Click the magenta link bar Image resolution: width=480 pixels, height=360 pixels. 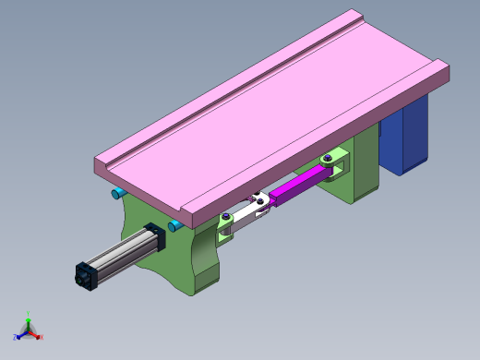click(x=300, y=188)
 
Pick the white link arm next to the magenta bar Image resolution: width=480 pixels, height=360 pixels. click(x=245, y=214)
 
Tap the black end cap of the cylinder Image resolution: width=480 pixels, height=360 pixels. click(x=86, y=274)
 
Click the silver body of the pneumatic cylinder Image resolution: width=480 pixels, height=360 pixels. click(x=120, y=255)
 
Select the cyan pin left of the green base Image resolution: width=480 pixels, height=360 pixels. click(x=118, y=193)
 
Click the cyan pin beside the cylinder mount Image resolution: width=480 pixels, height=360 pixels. click(x=174, y=225)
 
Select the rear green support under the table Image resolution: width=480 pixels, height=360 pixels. click(x=365, y=166)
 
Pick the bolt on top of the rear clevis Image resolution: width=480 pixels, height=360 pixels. click(x=324, y=159)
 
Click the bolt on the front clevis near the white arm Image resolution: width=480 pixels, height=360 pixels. click(x=223, y=218)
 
